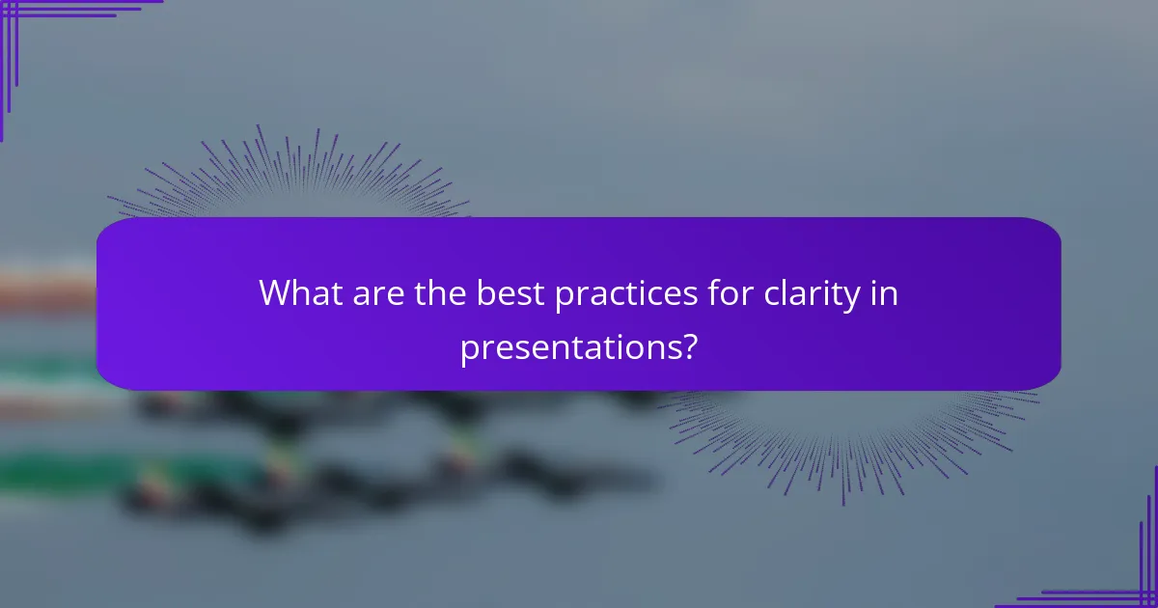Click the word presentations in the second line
point(568,346)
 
